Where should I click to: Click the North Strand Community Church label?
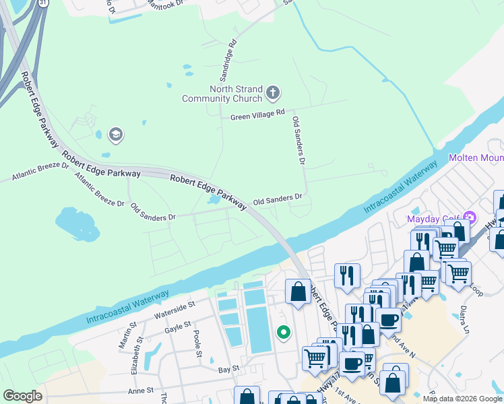point(222,94)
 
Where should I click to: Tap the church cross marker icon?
point(273,92)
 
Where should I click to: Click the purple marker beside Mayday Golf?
point(470,218)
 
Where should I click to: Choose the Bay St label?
point(229,369)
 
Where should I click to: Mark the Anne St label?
point(141,391)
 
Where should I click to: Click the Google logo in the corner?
point(22,396)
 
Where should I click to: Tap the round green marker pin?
point(284,332)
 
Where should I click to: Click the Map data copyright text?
point(462,399)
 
